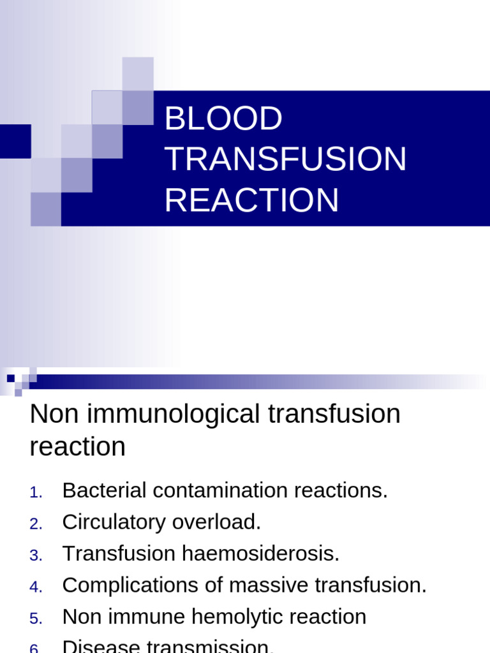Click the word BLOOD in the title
point(223,119)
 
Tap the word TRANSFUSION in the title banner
point(285,159)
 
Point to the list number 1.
point(36,492)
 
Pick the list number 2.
point(36,524)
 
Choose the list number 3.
point(36,555)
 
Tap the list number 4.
point(36,587)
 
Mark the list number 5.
point(36,619)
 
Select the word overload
point(217,522)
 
